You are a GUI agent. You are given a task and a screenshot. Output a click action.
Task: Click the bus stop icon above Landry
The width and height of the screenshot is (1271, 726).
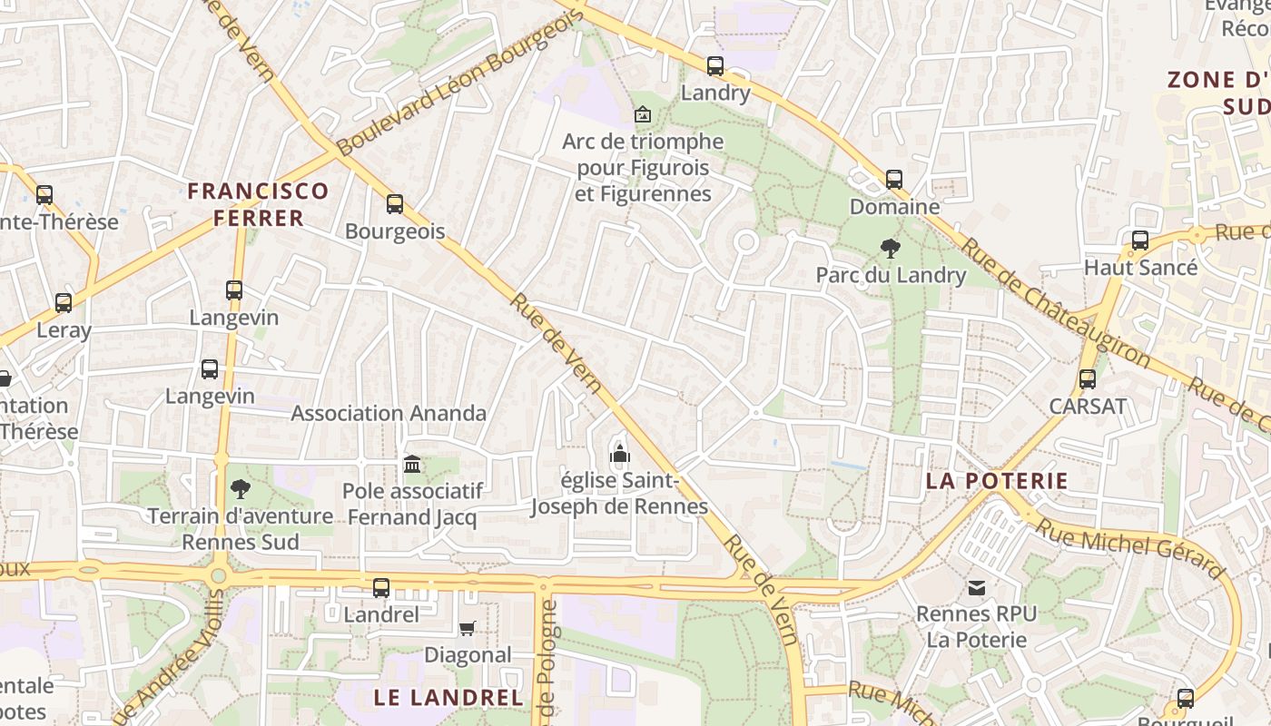click(x=715, y=65)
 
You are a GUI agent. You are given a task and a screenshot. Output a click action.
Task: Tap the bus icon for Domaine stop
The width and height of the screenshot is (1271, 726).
click(x=894, y=179)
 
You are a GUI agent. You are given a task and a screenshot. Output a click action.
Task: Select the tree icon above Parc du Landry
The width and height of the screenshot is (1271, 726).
click(x=891, y=247)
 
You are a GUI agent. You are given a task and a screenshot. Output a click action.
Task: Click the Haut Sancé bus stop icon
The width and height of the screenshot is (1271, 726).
click(x=1140, y=240)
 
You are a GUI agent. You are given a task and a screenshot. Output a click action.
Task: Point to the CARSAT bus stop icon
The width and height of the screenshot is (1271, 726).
click(x=1088, y=379)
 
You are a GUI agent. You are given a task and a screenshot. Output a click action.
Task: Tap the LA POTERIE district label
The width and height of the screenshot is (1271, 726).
click(x=997, y=481)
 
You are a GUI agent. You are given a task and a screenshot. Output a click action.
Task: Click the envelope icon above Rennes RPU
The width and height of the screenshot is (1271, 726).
click(x=977, y=588)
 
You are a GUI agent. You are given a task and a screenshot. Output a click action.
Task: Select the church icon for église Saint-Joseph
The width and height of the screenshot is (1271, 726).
click(x=620, y=453)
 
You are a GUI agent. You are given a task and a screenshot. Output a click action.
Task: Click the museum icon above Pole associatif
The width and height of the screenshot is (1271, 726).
click(x=412, y=465)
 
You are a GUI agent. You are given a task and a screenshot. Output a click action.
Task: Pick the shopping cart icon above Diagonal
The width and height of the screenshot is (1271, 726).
click(x=468, y=628)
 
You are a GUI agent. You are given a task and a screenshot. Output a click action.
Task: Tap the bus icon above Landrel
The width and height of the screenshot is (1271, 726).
click(x=381, y=587)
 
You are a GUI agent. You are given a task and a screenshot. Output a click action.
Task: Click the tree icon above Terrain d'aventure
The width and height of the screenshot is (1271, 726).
click(x=241, y=489)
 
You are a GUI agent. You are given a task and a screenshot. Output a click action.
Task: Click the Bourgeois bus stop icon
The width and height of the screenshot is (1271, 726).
click(x=395, y=204)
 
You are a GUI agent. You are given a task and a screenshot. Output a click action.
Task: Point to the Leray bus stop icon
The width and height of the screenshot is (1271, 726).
click(x=64, y=303)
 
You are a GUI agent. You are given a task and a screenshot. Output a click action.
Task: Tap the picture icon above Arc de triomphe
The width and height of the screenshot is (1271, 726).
click(x=643, y=114)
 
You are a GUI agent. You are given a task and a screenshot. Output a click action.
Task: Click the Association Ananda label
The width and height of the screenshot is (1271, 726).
click(x=389, y=413)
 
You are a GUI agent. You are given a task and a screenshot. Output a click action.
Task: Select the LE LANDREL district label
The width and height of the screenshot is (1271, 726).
click(x=449, y=698)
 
